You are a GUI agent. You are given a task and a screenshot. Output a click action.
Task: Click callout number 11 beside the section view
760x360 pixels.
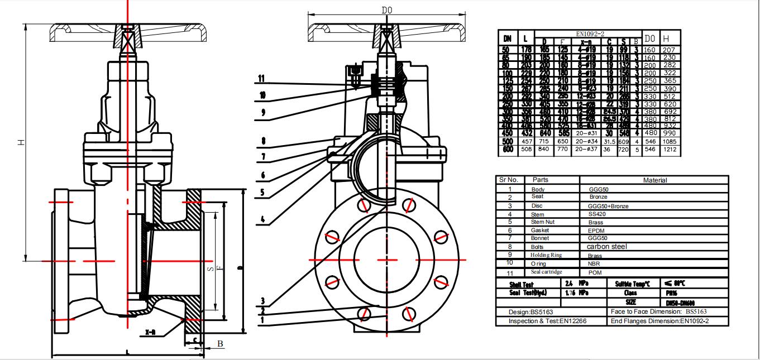coord(261,78)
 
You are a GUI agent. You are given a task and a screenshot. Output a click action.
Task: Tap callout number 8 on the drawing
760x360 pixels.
coord(262,141)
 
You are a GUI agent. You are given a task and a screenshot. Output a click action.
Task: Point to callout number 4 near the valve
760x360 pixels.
coord(261,219)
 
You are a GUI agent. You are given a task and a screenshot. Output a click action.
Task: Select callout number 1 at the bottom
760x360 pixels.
coord(261,320)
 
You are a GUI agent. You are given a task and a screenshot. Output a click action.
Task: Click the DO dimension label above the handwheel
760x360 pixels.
coord(386,10)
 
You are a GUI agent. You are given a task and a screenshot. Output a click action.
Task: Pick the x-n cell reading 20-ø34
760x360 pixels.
coord(586,141)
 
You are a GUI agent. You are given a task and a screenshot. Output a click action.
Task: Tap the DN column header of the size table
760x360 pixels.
coord(507,39)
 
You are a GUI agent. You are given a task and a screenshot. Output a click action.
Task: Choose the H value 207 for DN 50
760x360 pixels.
coord(669,50)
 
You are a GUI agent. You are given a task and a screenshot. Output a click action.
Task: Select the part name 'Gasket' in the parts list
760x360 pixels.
coord(541,230)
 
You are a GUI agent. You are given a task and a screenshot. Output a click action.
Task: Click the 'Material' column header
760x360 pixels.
coord(654,180)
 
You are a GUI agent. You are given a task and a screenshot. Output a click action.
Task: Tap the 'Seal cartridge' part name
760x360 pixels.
coord(547,272)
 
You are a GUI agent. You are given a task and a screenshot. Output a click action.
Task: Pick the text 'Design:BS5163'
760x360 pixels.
coord(531,312)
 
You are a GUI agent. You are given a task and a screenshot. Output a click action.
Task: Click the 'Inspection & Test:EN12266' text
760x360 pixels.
coord(547,321)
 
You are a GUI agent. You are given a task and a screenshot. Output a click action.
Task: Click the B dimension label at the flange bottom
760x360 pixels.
coord(220,344)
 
